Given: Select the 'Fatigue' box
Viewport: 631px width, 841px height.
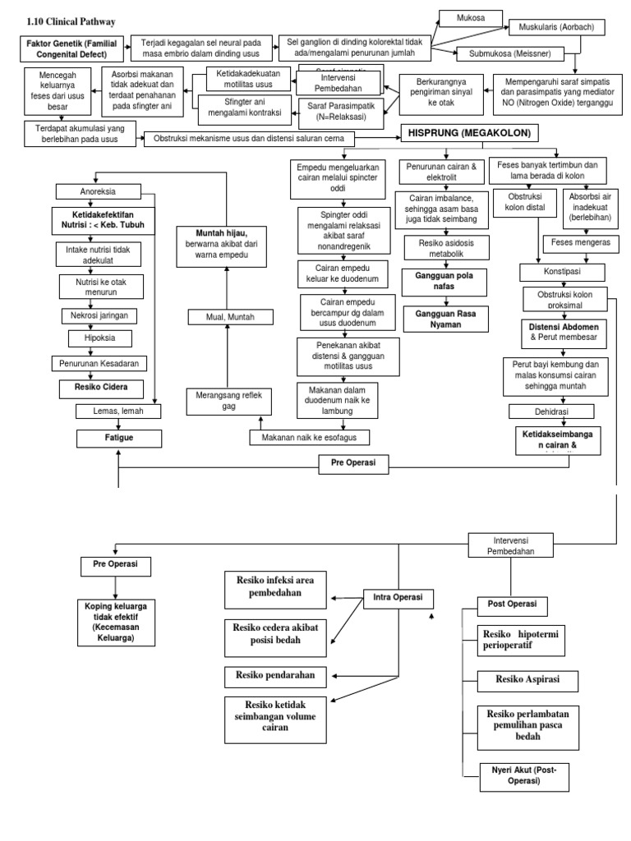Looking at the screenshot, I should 119,438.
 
